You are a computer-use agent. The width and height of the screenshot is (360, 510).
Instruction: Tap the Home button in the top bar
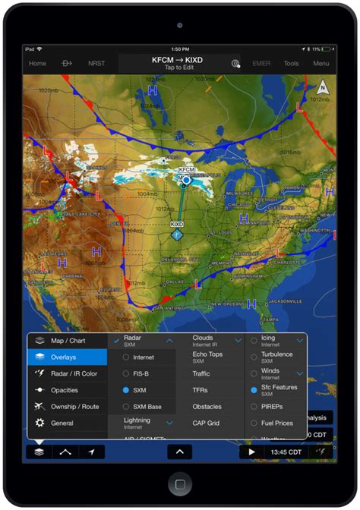[x=37, y=64]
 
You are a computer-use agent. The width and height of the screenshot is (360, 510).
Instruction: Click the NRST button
[x=96, y=64]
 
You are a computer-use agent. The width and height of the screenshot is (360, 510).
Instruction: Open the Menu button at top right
[x=321, y=64]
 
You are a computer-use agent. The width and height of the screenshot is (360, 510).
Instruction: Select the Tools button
[x=292, y=64]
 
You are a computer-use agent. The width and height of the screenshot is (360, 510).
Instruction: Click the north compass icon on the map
[x=323, y=87]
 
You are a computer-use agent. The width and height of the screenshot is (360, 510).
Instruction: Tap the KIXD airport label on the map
[x=176, y=225]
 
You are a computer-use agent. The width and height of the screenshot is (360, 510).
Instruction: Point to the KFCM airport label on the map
[x=186, y=170]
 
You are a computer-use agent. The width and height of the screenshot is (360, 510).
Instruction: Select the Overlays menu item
[x=68, y=357]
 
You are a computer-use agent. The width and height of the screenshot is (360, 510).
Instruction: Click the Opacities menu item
[x=64, y=390]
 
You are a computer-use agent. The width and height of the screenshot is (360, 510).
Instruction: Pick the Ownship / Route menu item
[x=74, y=407]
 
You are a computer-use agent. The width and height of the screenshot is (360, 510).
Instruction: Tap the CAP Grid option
[x=205, y=423]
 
